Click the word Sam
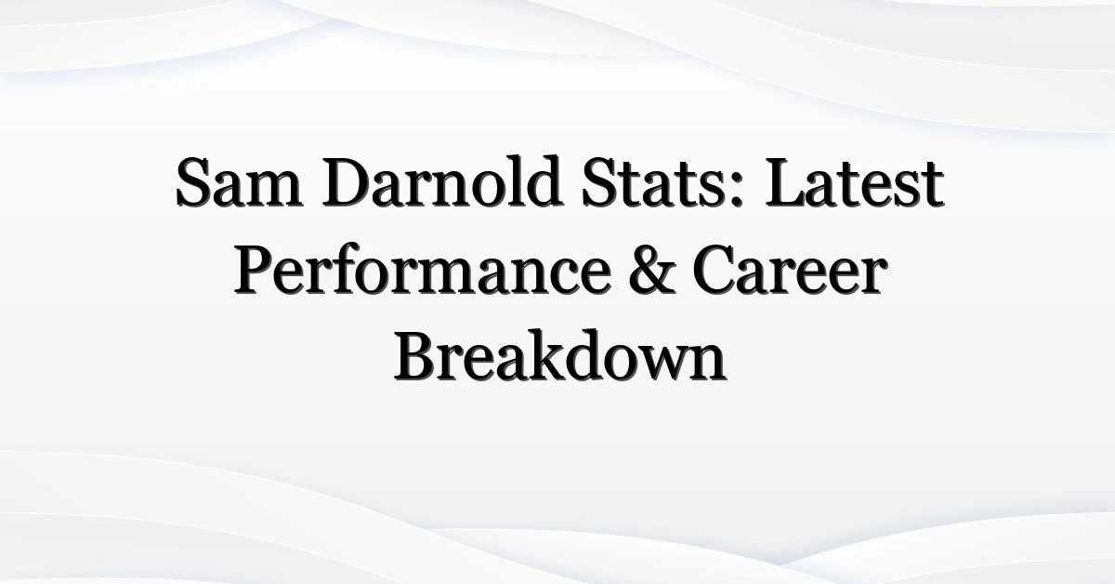click(x=239, y=182)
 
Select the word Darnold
click(x=443, y=180)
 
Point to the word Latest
click(x=855, y=182)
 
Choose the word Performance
click(x=423, y=269)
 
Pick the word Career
click(x=790, y=270)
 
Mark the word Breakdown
click(x=560, y=356)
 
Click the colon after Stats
click(x=737, y=192)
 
